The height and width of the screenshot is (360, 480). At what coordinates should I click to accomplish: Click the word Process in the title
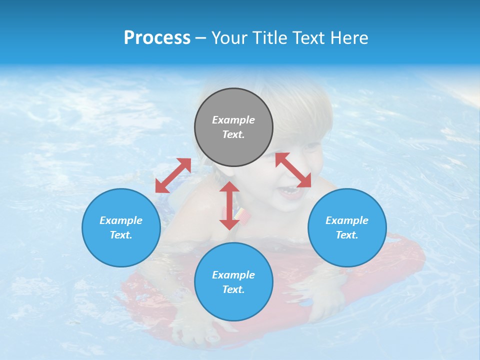(x=157, y=38)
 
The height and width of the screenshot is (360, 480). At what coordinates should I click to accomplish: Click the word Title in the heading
(x=270, y=38)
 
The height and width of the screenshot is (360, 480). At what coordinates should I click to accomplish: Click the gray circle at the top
(x=233, y=127)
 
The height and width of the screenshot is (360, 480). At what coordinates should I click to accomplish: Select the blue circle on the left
(x=121, y=227)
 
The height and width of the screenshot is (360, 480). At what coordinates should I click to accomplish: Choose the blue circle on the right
(x=347, y=227)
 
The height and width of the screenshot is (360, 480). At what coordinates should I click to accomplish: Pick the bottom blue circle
(x=233, y=282)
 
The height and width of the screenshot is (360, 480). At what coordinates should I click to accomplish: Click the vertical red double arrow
(x=229, y=205)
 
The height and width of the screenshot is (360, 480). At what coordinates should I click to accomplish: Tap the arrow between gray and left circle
(x=173, y=175)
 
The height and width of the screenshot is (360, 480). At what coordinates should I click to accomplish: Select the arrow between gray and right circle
(x=293, y=170)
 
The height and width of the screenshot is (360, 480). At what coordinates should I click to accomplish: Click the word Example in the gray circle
(x=233, y=120)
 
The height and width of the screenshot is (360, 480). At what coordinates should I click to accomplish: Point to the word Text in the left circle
(x=120, y=235)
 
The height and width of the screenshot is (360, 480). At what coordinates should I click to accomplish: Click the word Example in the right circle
(x=347, y=220)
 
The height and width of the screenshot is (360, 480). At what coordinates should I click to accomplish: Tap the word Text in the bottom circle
(x=233, y=289)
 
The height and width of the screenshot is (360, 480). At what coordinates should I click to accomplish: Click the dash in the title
(x=201, y=38)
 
